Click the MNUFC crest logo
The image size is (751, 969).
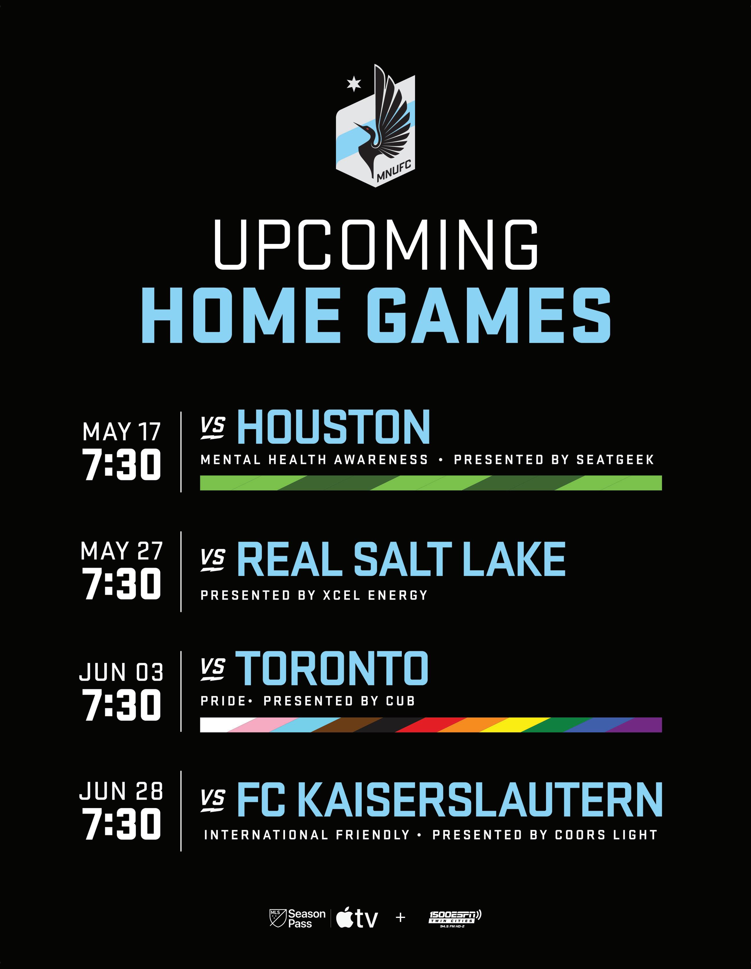[375, 126]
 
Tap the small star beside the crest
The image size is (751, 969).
[353, 83]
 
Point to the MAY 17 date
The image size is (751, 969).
[121, 432]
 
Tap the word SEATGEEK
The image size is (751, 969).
[615, 460]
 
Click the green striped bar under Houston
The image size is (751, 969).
[431, 483]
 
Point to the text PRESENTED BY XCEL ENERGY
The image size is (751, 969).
[314, 595]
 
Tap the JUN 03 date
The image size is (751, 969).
[121, 672]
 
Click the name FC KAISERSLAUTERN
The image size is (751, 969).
[450, 799]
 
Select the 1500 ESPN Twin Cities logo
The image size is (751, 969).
[455, 918]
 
